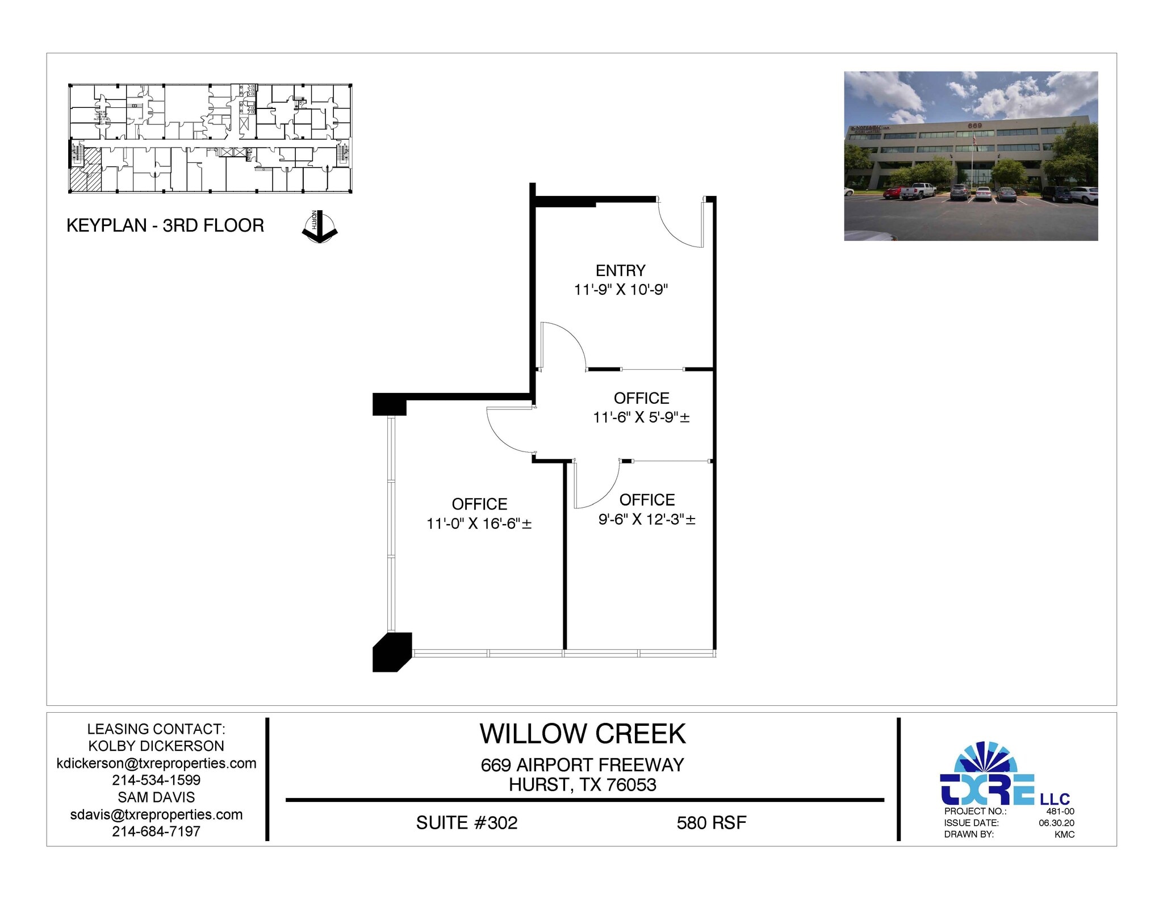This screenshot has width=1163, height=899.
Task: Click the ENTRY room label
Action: point(620,270)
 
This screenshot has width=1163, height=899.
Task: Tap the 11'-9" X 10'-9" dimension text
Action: point(621,290)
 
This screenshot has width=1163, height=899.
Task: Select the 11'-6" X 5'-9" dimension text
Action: point(641,417)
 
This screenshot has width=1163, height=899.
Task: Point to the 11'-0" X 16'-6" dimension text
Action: point(479,523)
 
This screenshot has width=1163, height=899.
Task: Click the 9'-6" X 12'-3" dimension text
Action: point(647,519)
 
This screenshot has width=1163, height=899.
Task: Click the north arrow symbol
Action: point(319,227)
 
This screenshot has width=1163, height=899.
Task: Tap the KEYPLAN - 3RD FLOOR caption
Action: point(165,225)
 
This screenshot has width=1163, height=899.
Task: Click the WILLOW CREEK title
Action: point(583,734)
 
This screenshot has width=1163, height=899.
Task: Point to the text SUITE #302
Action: point(467,823)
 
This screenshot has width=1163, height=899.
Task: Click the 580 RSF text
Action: point(711,823)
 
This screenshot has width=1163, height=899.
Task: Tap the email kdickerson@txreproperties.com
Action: point(156,763)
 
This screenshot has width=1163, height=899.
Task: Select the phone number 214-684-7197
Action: point(156,831)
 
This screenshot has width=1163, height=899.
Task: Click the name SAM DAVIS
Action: point(156,797)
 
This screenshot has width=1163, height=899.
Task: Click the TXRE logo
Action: point(988,775)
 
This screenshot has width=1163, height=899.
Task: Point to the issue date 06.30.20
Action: point(1056,823)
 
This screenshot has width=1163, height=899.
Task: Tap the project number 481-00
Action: point(1060,812)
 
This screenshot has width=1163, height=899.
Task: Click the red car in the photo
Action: point(892,193)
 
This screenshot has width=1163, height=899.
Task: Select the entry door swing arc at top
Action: point(679,227)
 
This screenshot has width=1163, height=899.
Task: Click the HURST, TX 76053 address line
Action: point(583,785)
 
